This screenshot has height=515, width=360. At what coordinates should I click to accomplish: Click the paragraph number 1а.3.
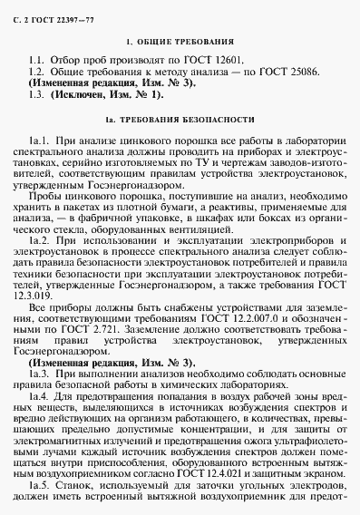point(42,374)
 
